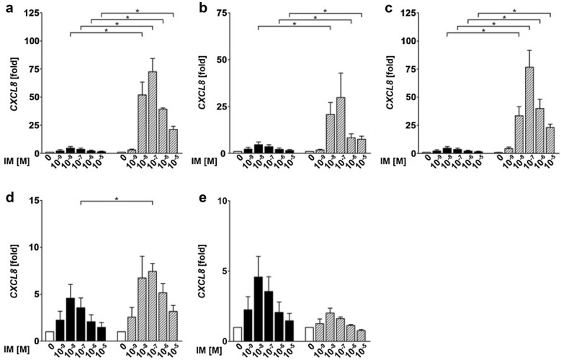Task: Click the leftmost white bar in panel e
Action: click(237, 337)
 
